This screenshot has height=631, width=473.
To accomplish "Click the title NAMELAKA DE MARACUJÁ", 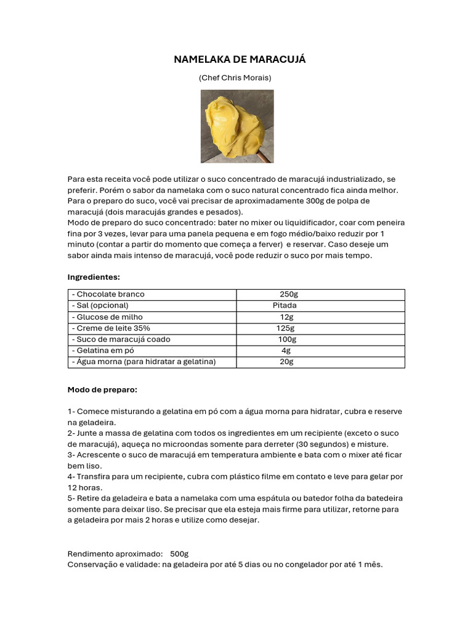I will pos(240,59).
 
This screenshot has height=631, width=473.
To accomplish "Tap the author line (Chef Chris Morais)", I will pos(235,78).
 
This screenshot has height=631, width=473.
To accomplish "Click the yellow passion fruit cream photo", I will pos(237,126).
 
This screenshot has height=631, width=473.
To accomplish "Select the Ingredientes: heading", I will pos(94,277).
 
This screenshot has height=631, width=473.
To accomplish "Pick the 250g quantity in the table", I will pos(288,295).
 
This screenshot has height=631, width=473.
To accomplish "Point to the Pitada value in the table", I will pos(285,306).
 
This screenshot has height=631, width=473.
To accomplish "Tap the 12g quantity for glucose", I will pos(286,317).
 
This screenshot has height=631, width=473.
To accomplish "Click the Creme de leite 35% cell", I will pos(111,328).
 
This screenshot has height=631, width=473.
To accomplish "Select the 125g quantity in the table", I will pos(285,328).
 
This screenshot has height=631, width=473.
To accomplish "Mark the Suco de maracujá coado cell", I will pos(121,340).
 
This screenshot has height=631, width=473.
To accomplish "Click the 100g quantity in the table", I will pos(287,340).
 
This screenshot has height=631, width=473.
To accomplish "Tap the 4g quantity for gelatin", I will pos(286,351).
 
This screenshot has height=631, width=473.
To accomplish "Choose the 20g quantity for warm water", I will pos(286,362).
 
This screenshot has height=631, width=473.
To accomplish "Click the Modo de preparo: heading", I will pos(102,390).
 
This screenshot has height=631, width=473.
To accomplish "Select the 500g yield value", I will pos(180,553).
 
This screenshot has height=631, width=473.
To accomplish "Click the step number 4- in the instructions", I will pos(71,476).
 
